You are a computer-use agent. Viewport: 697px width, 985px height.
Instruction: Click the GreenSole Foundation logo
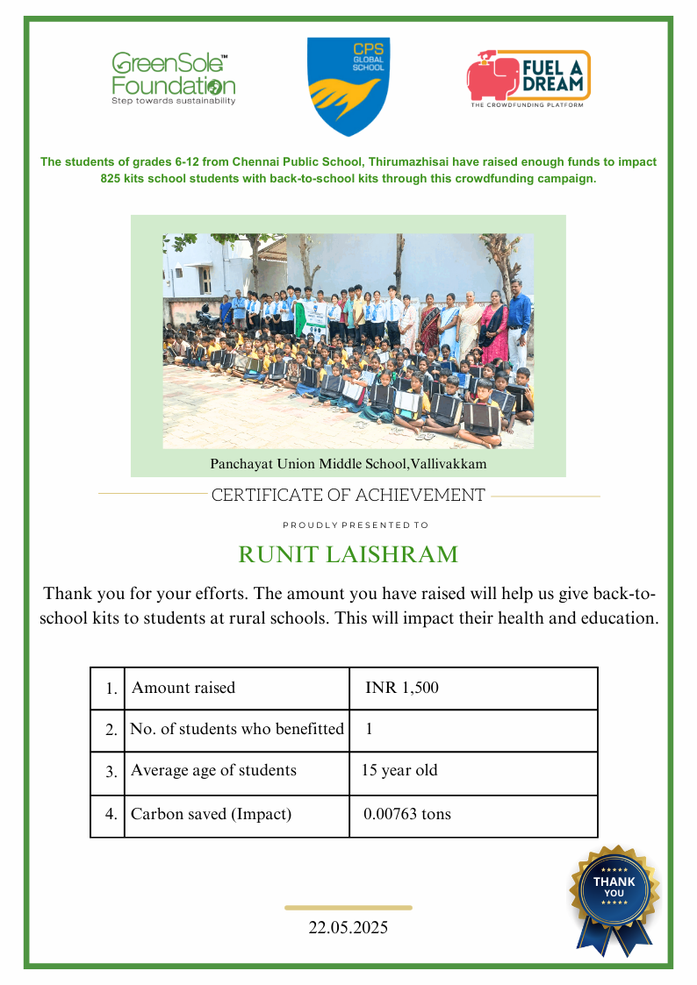(x=173, y=79)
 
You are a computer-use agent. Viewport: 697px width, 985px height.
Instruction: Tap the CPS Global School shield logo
(x=348, y=86)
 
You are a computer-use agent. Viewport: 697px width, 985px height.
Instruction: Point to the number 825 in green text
(x=114, y=178)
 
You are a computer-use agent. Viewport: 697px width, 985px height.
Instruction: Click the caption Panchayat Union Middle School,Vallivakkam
(x=348, y=463)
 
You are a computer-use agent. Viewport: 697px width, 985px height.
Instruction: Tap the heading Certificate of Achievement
(x=348, y=496)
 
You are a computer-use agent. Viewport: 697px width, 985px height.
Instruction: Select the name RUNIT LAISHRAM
(x=348, y=555)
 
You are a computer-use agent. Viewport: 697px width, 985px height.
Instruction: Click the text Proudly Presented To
(x=355, y=525)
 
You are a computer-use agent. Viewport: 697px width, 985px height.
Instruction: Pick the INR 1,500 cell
(x=402, y=688)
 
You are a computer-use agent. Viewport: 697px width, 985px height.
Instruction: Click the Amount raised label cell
(x=183, y=688)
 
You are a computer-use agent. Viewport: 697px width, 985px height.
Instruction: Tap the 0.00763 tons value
(x=407, y=814)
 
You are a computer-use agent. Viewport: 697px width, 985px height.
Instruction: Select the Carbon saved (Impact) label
(x=211, y=814)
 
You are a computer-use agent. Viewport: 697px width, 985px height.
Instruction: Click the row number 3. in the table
(x=111, y=772)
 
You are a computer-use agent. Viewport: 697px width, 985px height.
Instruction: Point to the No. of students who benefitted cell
(x=237, y=729)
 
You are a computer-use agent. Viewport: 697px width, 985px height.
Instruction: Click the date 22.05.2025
(x=348, y=927)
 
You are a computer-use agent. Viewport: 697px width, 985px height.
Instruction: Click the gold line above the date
(x=348, y=908)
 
